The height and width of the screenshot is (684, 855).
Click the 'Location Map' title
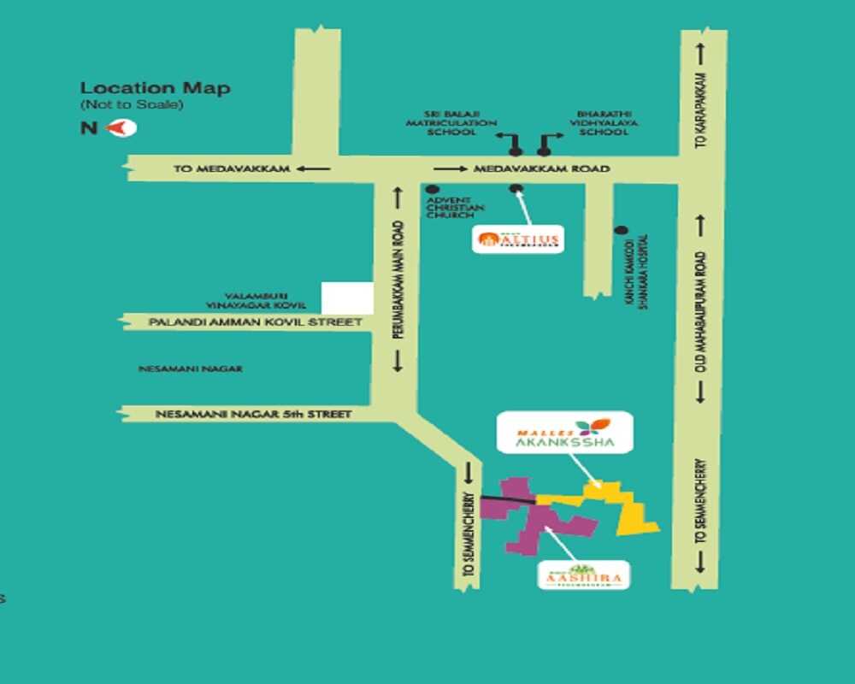(155, 88)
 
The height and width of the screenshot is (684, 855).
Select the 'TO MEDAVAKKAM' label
(232, 168)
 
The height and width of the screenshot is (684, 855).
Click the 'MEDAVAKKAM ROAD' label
(541, 168)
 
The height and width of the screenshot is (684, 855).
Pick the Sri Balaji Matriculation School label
(450, 123)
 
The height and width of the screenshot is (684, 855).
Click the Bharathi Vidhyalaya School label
(604, 123)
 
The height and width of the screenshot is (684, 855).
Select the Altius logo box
(518, 239)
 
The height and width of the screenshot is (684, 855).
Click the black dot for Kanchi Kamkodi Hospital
(622, 230)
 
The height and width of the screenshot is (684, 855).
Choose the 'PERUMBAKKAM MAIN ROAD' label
(398, 281)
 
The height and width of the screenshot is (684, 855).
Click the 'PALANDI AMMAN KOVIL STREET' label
(255, 322)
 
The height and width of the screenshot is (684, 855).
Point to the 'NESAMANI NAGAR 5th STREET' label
(253, 414)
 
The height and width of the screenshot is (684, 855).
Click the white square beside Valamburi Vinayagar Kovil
(347, 297)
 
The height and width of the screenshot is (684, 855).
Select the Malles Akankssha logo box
(564, 433)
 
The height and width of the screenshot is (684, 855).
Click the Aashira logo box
(584, 575)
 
